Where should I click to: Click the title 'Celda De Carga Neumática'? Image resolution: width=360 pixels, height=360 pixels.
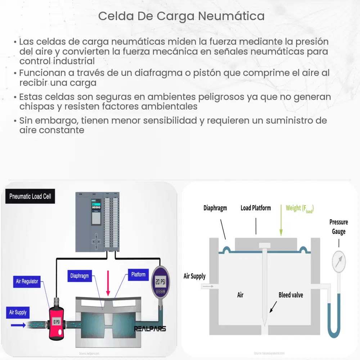[181, 16]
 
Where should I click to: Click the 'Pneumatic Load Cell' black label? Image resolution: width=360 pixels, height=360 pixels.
[30, 197]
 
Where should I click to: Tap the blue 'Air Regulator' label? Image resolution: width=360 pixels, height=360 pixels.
[27, 281]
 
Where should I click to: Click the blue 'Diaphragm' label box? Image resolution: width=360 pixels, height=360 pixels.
[80, 276]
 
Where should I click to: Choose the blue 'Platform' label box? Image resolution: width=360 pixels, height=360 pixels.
[138, 275]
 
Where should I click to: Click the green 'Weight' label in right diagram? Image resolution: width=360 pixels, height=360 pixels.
[299, 208]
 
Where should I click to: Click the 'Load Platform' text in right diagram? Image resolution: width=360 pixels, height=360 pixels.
[256, 208]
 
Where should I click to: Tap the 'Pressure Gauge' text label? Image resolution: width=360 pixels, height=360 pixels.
[338, 227]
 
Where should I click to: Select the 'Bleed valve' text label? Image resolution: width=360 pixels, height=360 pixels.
[291, 295]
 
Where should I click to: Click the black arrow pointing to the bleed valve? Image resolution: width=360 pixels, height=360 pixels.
[272, 306]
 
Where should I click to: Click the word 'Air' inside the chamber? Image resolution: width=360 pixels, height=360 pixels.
[240, 295]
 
